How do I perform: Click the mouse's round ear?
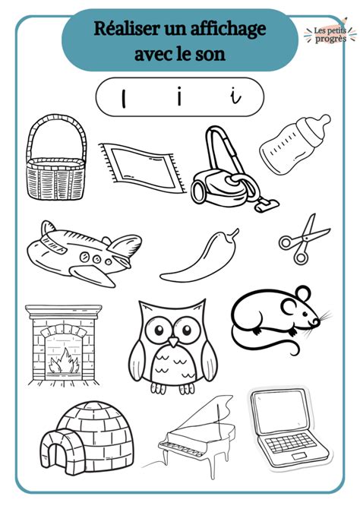[302, 296]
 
